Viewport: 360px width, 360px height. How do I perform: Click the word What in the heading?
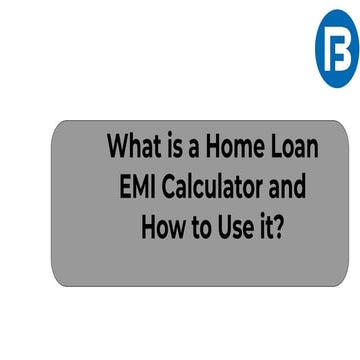tap(136, 148)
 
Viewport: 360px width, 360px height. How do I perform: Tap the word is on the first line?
tap(181, 148)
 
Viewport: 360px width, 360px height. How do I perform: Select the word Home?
tap(240, 148)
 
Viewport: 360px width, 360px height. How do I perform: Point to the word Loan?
tap(296, 148)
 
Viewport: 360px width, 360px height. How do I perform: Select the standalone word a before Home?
tap(201, 150)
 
